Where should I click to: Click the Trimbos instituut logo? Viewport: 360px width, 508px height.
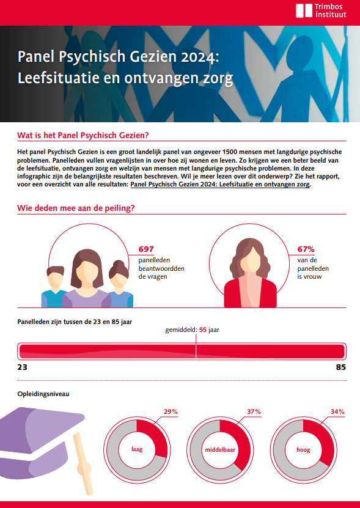pos(321,10)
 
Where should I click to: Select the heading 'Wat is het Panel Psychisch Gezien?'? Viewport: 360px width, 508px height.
pos(83,136)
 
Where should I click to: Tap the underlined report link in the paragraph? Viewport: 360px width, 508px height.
pos(220,185)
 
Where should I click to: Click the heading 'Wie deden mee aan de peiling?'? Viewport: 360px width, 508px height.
pos(76,208)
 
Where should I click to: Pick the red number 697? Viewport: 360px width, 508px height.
pos(146,249)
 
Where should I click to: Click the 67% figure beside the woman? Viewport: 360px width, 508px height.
pos(306,249)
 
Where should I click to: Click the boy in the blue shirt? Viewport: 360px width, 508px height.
pos(54,287)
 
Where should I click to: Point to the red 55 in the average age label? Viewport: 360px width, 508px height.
pos(203,330)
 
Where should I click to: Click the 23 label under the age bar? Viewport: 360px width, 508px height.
pos(23,367)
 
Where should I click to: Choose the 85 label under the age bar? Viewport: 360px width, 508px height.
pos(341,367)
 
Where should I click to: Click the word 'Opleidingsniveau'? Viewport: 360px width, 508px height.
pos(43,394)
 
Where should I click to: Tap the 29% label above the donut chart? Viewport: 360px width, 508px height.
pos(171,412)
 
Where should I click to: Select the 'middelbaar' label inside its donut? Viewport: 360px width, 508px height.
pos(220,450)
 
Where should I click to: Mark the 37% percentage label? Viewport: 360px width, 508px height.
pos(254,412)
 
